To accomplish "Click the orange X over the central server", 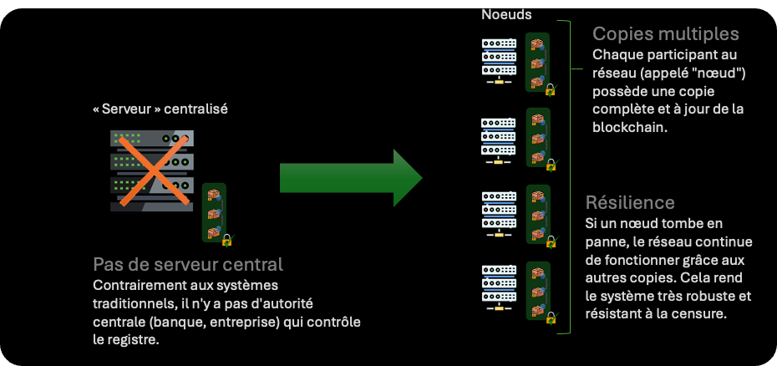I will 150,171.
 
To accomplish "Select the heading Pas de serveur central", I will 188,265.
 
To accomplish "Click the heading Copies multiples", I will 666,34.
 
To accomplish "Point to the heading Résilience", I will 630,203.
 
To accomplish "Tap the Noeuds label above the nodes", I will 506,14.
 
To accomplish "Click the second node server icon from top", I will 499,137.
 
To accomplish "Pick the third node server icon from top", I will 499,213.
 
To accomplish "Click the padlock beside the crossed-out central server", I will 226,240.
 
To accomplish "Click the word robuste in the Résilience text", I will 710,296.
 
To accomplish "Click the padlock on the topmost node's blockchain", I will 551,89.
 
